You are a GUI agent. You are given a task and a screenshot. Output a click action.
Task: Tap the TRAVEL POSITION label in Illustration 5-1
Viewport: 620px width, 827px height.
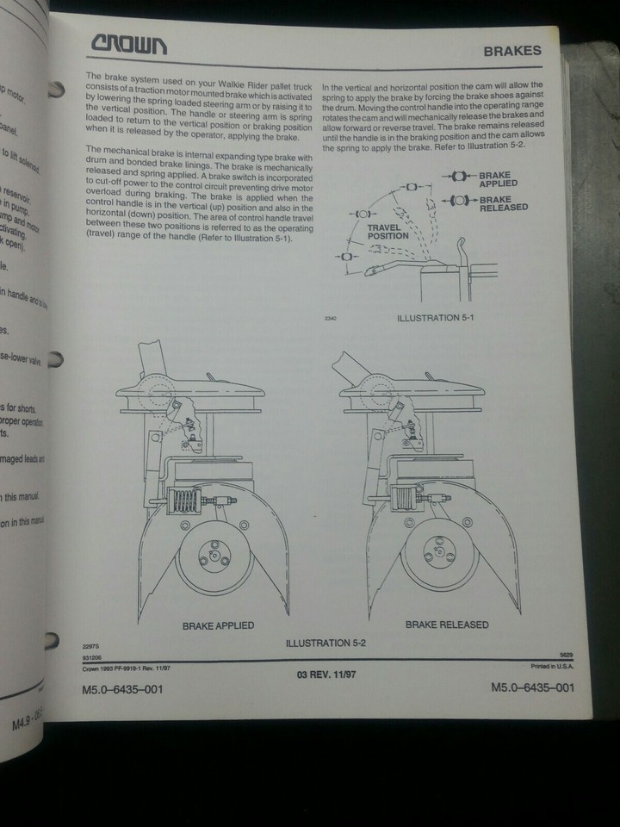388,230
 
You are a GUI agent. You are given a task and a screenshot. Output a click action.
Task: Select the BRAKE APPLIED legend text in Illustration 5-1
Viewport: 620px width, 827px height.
499,179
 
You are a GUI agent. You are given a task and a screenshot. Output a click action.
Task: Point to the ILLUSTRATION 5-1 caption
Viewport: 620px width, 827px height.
435,318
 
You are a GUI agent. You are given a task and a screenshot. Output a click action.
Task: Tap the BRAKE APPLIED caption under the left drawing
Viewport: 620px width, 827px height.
218,625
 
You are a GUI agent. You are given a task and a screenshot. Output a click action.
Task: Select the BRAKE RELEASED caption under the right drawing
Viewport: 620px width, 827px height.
446,625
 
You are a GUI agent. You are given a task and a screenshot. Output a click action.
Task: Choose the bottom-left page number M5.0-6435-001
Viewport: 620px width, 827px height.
121,689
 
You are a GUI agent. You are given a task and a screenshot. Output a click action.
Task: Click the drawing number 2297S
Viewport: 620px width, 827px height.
91,646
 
